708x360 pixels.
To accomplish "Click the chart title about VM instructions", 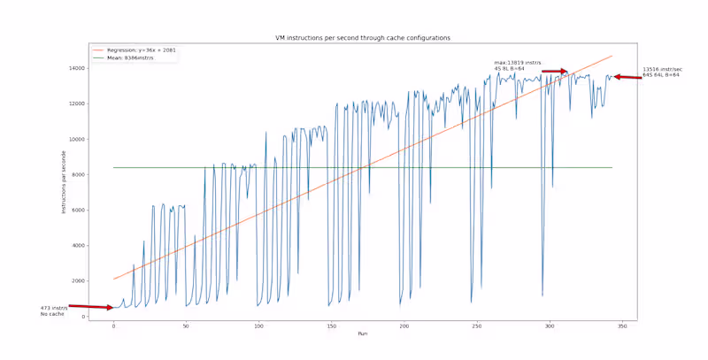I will (x=362, y=38).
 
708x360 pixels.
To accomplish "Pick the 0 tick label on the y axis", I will (x=82, y=317).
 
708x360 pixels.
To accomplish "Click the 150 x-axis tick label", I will (x=331, y=326).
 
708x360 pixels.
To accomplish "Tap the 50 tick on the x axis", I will (x=186, y=326).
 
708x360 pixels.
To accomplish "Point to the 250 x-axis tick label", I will (x=475, y=326).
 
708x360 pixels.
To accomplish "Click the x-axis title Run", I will (x=362, y=334).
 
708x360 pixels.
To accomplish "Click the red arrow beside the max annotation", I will (x=554, y=72).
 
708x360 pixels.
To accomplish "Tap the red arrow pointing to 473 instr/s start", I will (x=91, y=307).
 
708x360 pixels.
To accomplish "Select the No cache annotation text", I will (x=52, y=314).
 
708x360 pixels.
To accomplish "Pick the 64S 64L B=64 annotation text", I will (x=660, y=75).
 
